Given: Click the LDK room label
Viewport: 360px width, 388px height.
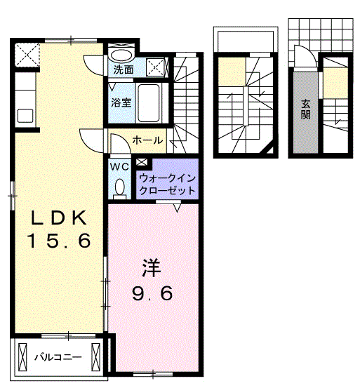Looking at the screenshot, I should (59, 217).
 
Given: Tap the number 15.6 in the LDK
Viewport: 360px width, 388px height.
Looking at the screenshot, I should (59, 242).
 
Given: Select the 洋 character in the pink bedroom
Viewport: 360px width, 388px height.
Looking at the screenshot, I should (153, 267).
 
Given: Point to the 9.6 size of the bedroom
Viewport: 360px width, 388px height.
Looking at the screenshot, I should (153, 294).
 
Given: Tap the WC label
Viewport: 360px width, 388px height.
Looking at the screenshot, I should (119, 167).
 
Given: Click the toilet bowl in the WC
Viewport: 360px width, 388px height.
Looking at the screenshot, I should (119, 187).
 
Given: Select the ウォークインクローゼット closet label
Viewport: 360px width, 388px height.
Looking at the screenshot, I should (168, 184).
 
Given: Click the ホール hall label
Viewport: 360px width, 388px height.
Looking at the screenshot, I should (147, 140).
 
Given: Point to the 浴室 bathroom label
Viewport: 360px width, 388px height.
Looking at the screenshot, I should (121, 102).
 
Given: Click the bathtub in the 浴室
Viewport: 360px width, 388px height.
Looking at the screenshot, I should (149, 103).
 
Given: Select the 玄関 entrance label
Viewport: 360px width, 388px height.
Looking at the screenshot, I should (306, 109).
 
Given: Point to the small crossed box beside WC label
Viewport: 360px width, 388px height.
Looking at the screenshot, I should (142, 164).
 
